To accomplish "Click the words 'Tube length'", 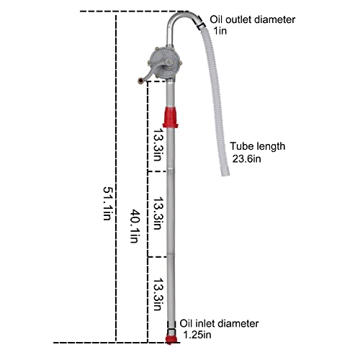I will tap(258, 146).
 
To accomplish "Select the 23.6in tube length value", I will tap(246, 160).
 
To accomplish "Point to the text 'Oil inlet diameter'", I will tap(219, 323).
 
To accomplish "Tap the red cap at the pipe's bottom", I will tap(171, 338).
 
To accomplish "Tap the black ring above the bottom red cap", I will tap(171, 328).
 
